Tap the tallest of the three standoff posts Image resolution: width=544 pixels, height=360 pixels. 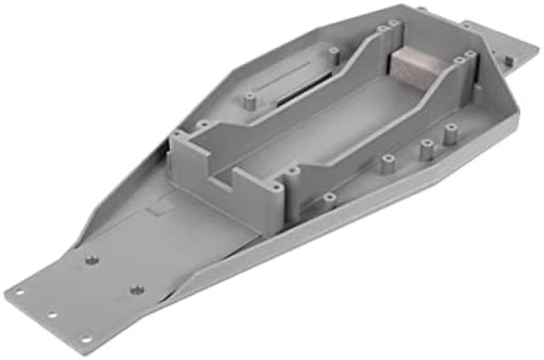click(x=449, y=134)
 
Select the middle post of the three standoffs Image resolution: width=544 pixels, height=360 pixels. click(x=426, y=149)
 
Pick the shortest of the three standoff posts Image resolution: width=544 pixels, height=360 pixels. click(x=388, y=164)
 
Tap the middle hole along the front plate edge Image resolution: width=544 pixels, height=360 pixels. click(x=51, y=315)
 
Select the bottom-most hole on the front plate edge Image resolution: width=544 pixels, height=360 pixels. click(x=86, y=338)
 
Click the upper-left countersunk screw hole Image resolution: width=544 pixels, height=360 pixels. click(x=92, y=260)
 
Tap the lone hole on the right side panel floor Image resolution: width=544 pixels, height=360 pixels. click(x=329, y=197)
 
